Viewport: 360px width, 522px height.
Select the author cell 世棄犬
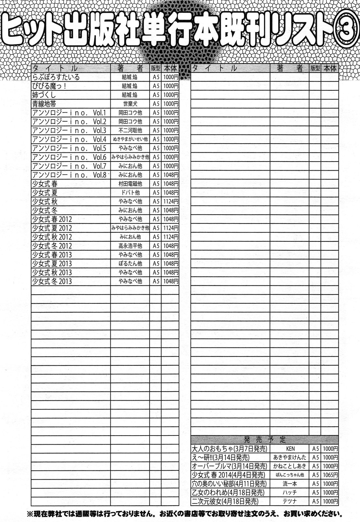pos(130,104)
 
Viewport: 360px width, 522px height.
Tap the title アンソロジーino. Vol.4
pos(69,139)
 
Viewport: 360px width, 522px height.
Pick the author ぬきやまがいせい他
pos(130,139)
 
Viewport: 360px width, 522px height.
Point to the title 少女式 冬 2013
pos(52,281)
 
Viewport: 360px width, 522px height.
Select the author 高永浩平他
pos(130,245)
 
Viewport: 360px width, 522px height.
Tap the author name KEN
pos(290,449)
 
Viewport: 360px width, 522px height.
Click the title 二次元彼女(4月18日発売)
pos(225,501)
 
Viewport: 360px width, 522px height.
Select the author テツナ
pos(290,501)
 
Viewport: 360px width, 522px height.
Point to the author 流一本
pos(290,484)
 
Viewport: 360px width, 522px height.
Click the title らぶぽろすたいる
pos(56,77)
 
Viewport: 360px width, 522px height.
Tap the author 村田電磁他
pos(130,184)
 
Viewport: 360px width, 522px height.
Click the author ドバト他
pos(130,192)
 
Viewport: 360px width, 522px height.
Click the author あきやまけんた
pos(290,457)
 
